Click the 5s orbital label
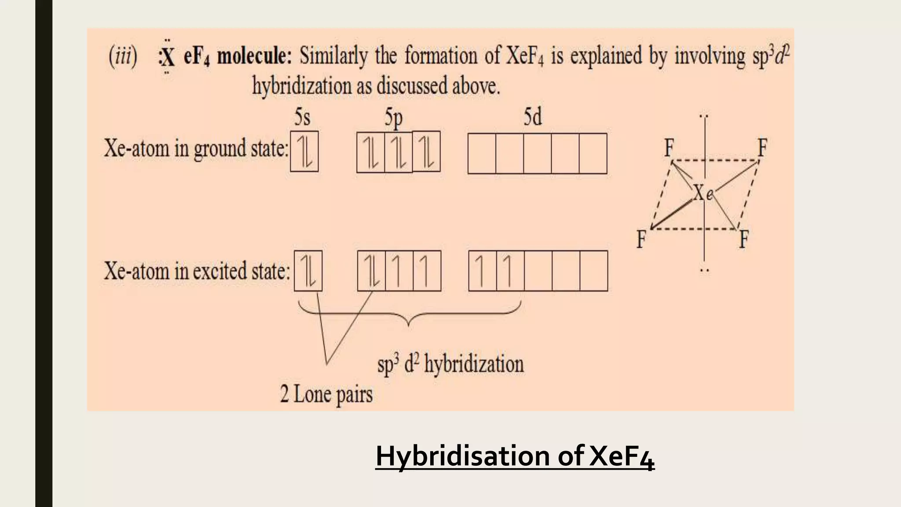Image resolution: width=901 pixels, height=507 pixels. click(302, 118)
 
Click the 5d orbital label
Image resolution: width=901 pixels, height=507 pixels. click(532, 118)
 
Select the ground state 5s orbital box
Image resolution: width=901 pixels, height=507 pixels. click(304, 151)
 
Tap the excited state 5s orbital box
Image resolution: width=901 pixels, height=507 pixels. click(308, 271)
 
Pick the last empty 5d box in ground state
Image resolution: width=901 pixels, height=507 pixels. click(593, 154)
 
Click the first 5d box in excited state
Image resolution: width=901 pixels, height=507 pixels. click(483, 271)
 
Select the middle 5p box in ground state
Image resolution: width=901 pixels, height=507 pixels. click(398, 152)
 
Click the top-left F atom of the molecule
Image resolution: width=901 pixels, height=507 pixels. click(669, 147)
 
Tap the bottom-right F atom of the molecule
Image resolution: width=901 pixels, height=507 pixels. click(743, 239)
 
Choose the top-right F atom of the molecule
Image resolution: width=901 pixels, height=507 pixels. click(762, 147)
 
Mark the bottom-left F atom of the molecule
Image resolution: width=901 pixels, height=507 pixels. click(641, 239)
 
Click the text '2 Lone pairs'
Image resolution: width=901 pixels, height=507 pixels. click(326, 393)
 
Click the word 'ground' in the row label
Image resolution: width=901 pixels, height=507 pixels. click(221, 149)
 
